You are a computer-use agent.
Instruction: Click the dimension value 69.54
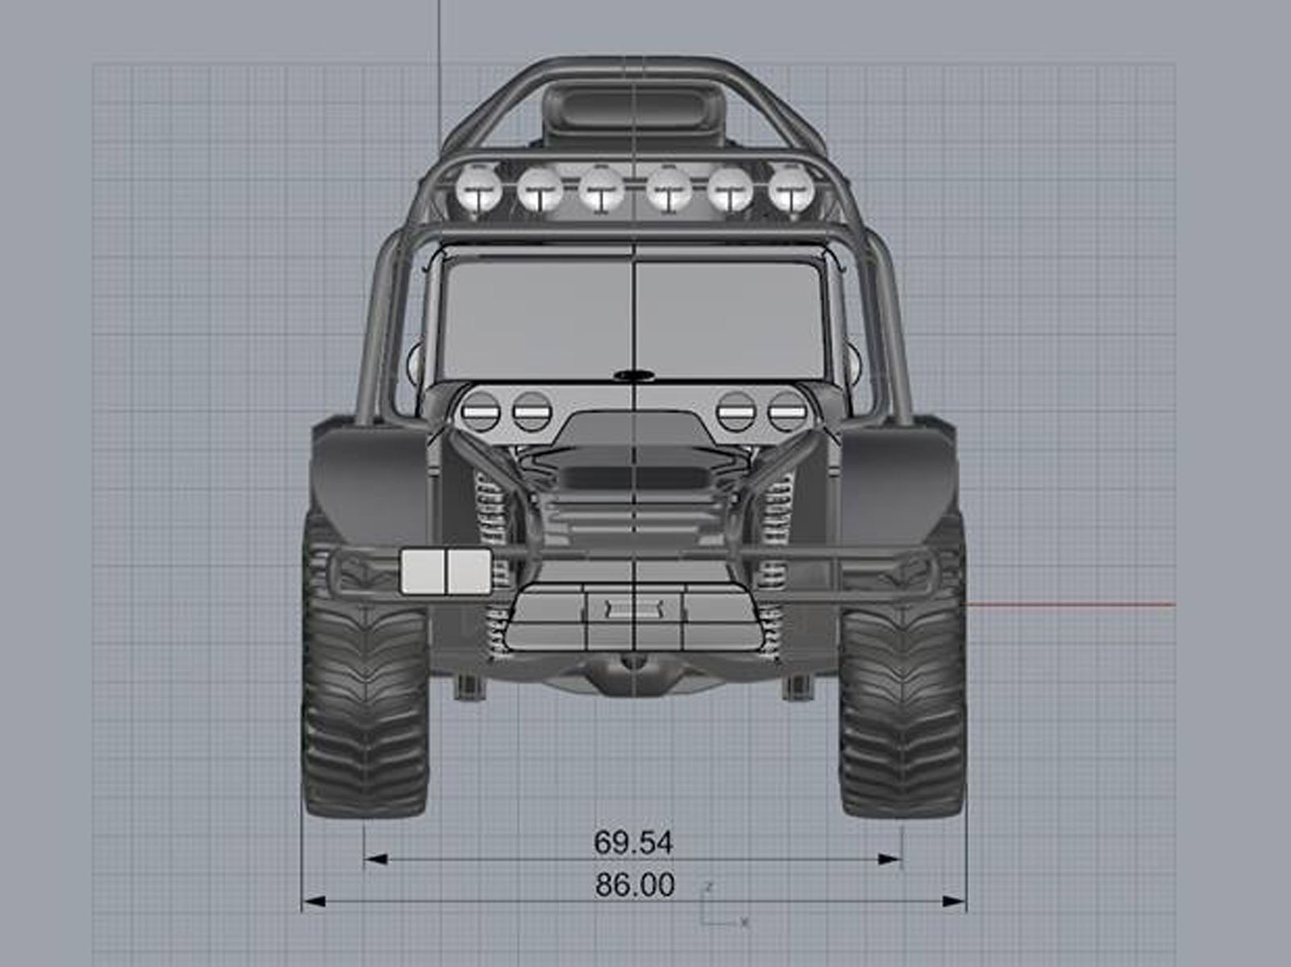[633, 843]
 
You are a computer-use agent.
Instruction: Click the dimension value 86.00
[635, 885]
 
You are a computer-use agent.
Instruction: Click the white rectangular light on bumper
[446, 571]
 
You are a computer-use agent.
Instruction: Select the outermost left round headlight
[481, 411]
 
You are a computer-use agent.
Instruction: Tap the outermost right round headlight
[788, 411]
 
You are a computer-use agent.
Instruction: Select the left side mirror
[417, 362]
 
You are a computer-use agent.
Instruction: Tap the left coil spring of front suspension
[494, 532]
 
